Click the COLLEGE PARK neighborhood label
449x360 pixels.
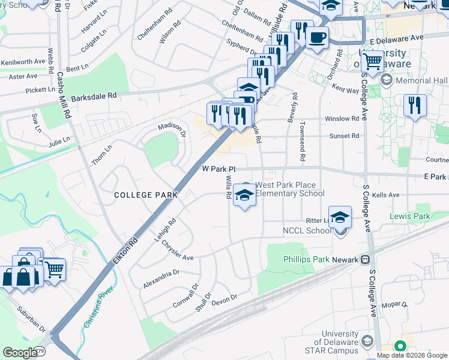click(x=146, y=195)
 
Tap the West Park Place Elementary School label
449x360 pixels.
click(x=290, y=189)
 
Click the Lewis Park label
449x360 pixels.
click(x=410, y=216)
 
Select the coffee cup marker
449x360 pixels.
click(x=317, y=37)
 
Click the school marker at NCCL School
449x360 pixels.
click(x=340, y=217)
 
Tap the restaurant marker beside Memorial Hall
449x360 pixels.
click(x=415, y=105)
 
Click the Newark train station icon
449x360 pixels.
click(x=364, y=260)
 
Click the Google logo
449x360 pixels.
click(x=20, y=353)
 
